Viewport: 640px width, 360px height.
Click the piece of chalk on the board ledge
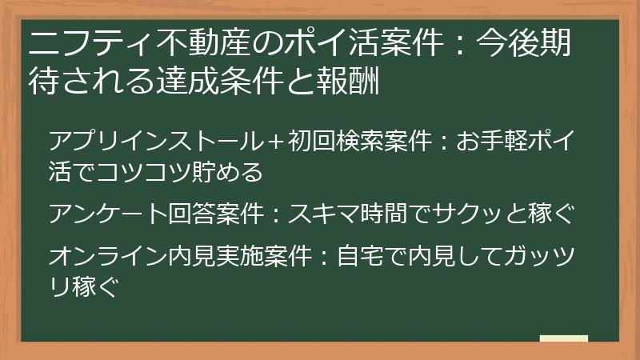tap(564, 338)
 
